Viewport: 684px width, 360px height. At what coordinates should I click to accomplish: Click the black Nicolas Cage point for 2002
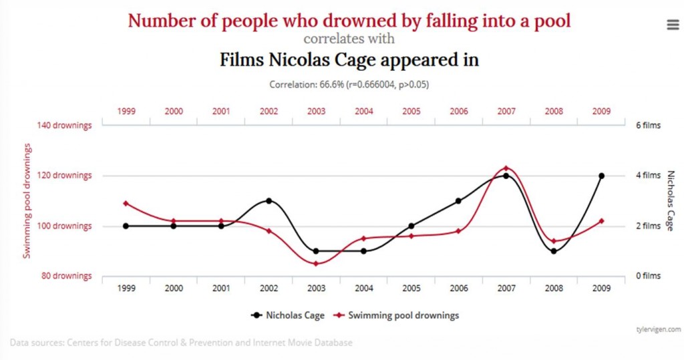click(x=269, y=200)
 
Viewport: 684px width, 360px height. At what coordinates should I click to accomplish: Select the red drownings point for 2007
click(x=506, y=168)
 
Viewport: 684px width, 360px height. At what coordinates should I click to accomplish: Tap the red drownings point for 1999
click(x=126, y=203)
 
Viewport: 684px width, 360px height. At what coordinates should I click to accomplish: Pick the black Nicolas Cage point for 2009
click(x=601, y=176)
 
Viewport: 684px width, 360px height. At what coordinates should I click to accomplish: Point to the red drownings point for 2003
click(x=316, y=263)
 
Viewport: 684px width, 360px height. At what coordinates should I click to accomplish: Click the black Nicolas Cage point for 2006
click(x=458, y=200)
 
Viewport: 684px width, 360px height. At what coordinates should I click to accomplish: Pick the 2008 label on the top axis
click(x=553, y=112)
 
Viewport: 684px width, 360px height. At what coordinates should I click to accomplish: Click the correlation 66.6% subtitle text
click(x=349, y=85)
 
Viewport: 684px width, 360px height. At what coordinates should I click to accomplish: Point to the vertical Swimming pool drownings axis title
click(x=27, y=200)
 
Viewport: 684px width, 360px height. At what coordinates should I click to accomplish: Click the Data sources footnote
click(x=181, y=343)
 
